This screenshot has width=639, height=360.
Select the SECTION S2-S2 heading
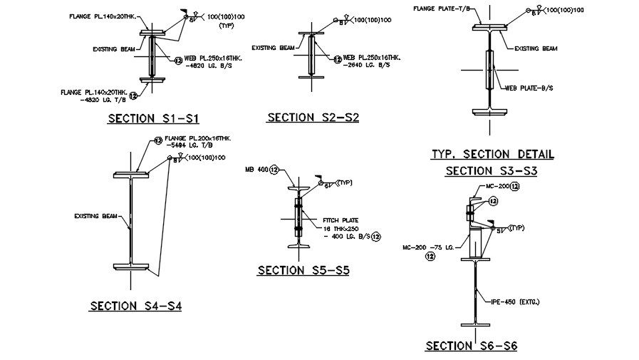click(313, 117)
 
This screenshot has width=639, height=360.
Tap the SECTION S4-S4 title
click(135, 306)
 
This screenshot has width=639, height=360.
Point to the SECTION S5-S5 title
click(303, 270)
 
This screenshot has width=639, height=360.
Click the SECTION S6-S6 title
click(471, 346)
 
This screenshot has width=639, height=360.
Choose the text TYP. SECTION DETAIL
click(492, 154)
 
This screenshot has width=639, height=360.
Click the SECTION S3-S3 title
click(491, 171)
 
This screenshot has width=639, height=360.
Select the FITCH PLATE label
click(340, 220)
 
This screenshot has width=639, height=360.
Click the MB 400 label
click(256, 170)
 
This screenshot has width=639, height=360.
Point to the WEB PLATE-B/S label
click(529, 88)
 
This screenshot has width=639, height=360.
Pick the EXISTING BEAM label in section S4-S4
click(95, 215)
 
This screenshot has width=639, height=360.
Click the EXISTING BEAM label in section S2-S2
click(277, 48)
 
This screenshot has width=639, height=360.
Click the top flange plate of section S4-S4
click(130, 174)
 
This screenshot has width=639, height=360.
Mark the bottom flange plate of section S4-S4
click(130, 267)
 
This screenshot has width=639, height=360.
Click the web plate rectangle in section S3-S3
click(489, 69)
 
